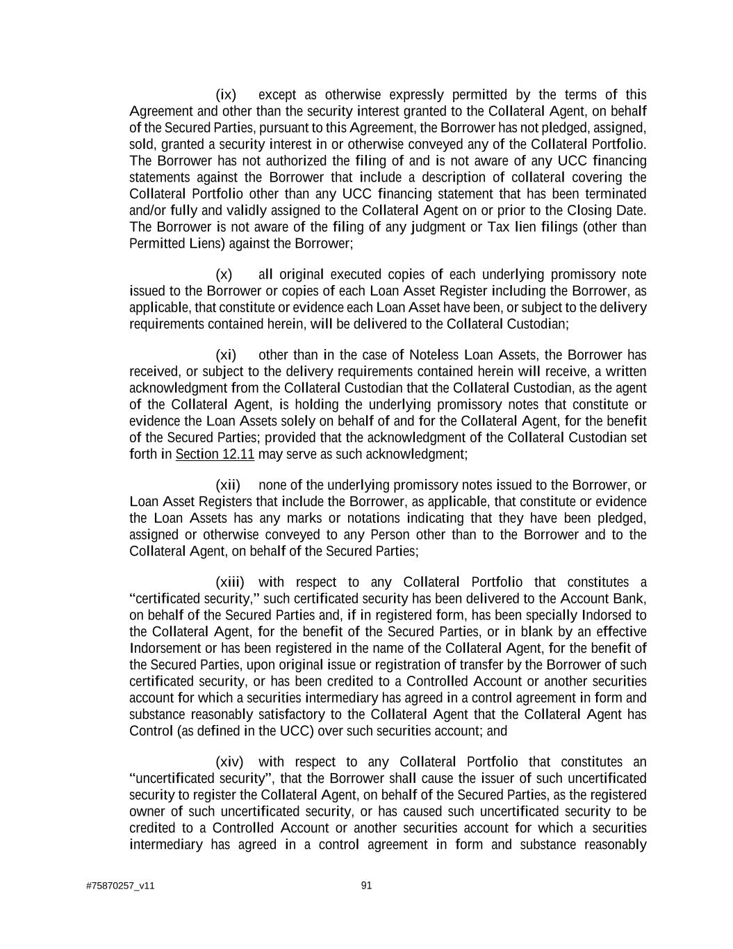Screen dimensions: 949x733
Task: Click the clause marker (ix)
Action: [x=226, y=95]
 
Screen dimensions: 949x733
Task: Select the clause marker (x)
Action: [x=224, y=274]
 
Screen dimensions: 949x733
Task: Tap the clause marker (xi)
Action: [x=226, y=355]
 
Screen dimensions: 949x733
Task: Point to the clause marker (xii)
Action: [x=228, y=485]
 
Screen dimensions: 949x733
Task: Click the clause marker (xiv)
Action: [x=230, y=761]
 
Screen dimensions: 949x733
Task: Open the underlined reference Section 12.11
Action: [x=215, y=455]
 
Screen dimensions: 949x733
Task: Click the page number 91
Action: [x=367, y=885]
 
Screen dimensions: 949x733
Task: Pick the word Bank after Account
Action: [x=629, y=599]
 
